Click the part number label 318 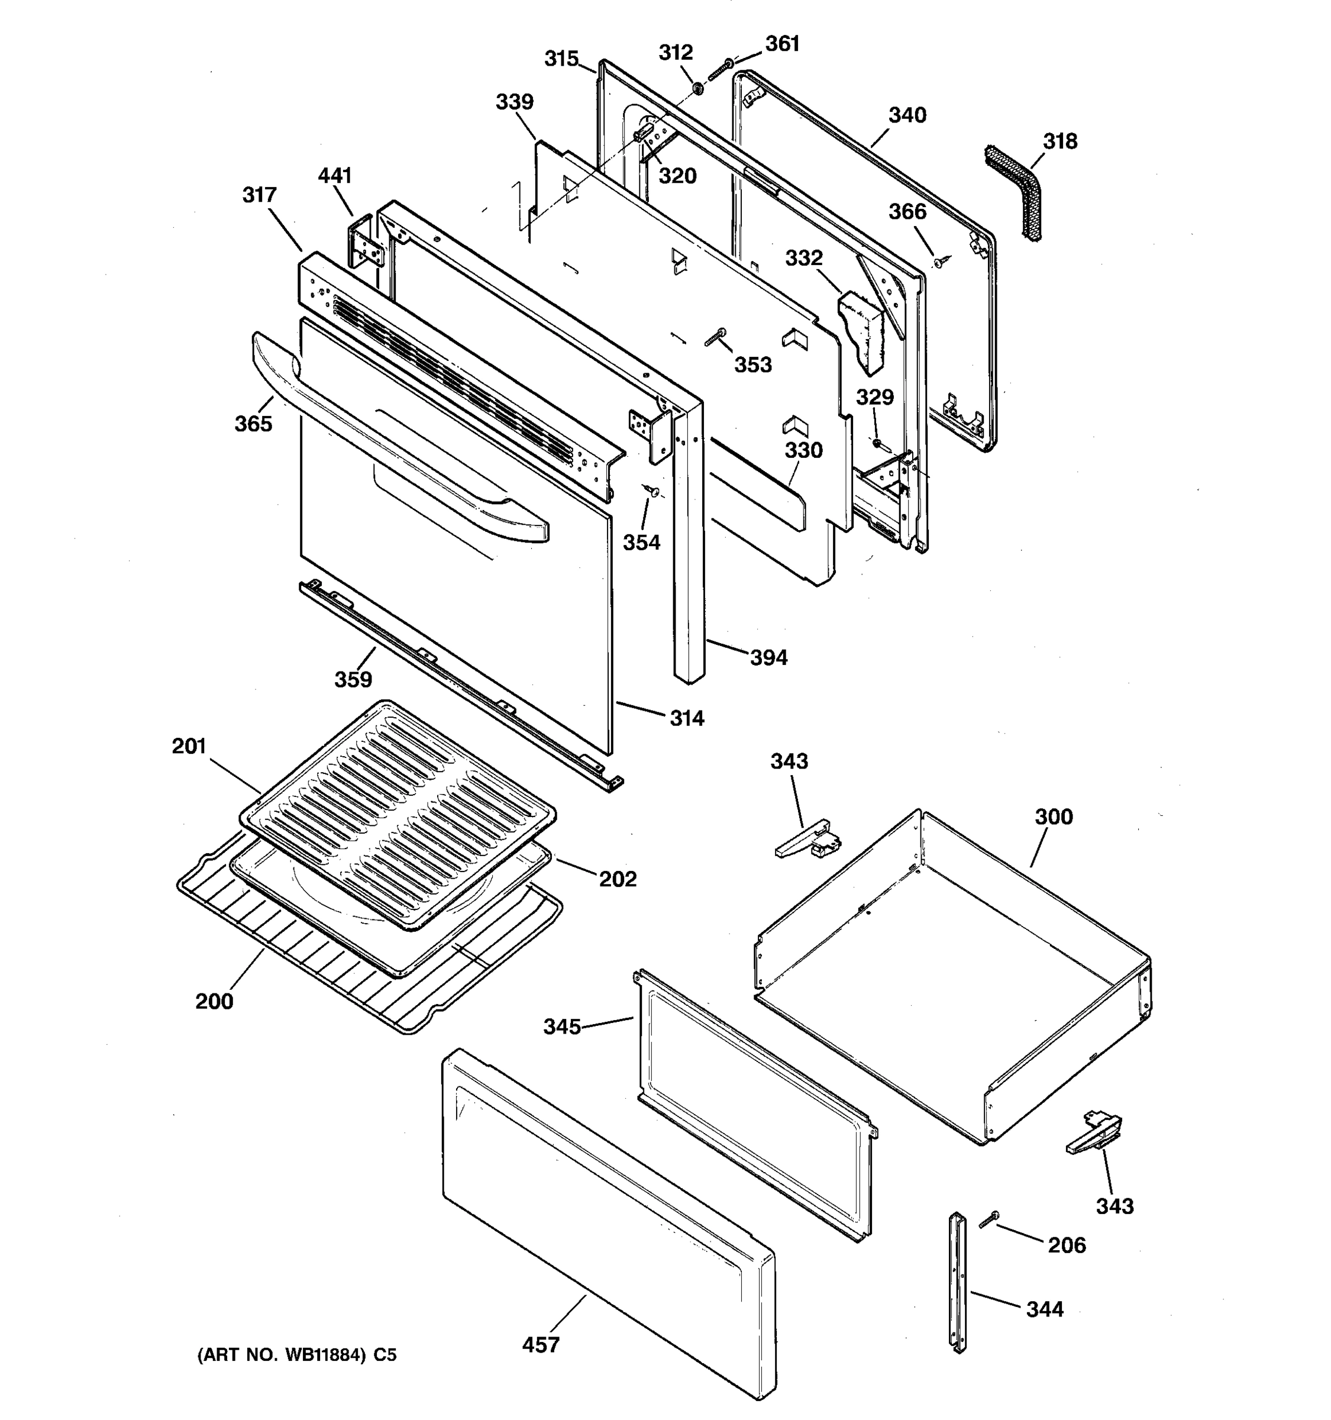[x=1059, y=141]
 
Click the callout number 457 [x=541, y=1345]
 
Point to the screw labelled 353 [x=715, y=337]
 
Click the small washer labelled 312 [x=697, y=89]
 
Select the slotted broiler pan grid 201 [x=398, y=816]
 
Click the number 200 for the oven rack [x=214, y=1002]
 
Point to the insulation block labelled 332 [x=862, y=330]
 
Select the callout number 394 [x=768, y=658]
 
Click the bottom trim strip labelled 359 [x=457, y=685]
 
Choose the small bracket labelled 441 [x=366, y=243]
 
